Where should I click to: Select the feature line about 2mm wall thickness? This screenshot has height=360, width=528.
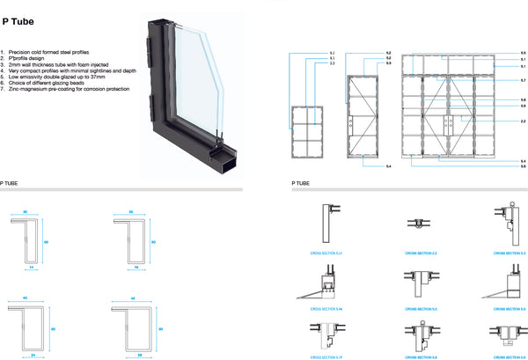tap(62, 65)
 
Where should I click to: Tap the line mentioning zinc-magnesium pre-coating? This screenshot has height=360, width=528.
tap(70, 89)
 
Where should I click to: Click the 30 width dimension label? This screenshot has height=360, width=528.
tap(26, 213)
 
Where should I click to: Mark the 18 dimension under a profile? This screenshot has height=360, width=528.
tap(136, 266)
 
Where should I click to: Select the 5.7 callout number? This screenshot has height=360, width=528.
tap(523, 81)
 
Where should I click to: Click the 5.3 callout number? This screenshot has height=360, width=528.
tap(389, 62)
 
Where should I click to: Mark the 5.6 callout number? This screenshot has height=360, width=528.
tap(523, 165)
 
